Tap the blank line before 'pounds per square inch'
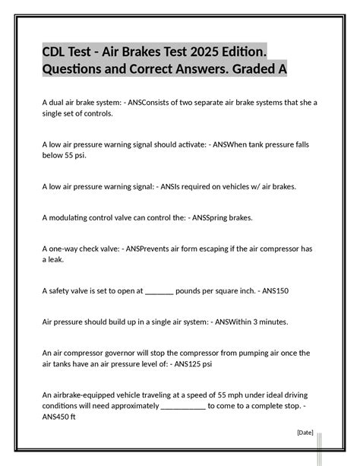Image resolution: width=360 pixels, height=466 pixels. pyautogui.click(x=159, y=290)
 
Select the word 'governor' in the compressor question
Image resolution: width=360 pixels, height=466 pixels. pyautogui.click(x=129, y=352)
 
